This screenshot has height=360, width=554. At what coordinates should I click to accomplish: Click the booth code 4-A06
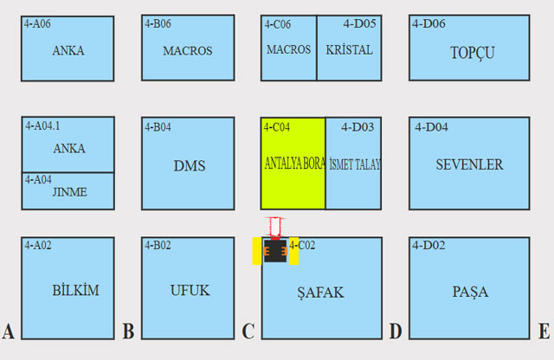click(37, 24)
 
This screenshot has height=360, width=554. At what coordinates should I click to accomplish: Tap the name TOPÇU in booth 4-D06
click(472, 53)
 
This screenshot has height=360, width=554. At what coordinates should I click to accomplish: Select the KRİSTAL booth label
click(350, 50)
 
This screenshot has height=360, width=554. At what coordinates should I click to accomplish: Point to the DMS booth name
click(189, 165)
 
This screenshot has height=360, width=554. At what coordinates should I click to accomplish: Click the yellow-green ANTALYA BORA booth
click(293, 164)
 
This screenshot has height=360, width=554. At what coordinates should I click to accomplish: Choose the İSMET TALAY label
click(355, 164)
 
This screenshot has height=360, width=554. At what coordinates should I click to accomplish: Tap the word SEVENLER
click(469, 164)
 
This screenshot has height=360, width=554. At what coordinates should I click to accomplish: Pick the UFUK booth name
click(190, 291)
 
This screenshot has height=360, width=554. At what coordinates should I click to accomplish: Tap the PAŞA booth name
click(470, 292)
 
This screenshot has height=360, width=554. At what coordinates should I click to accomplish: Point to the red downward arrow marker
click(275, 228)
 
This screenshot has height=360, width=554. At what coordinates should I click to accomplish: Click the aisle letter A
click(9, 332)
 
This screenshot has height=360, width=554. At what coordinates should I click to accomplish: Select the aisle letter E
click(544, 332)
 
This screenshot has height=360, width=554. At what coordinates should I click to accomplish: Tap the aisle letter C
click(248, 332)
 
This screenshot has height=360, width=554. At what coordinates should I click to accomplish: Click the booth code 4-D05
click(359, 24)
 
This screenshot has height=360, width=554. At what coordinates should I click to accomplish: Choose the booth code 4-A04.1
click(43, 126)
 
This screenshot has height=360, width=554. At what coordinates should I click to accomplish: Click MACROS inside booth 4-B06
click(188, 51)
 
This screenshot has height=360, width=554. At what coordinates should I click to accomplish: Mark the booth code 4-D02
click(429, 246)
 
